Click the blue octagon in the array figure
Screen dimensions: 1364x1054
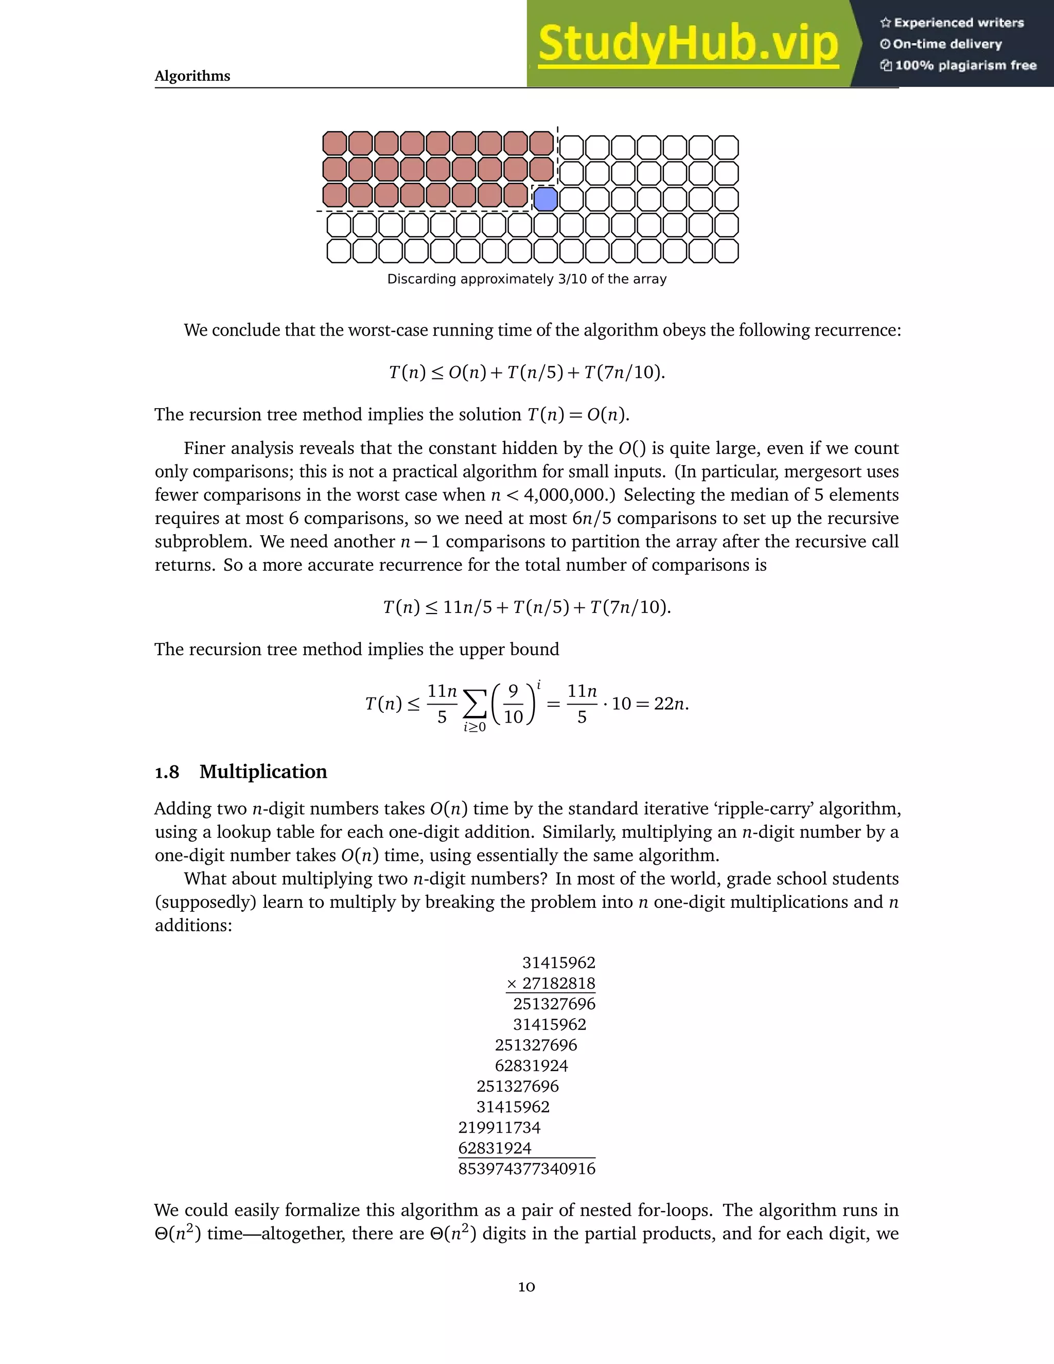(x=545, y=199)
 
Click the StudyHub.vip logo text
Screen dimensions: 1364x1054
(x=688, y=44)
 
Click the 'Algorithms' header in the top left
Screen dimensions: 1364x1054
(x=192, y=76)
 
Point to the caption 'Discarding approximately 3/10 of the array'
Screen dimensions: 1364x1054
(x=526, y=279)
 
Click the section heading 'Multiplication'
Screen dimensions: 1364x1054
(x=263, y=772)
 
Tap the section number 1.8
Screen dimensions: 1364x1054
(x=167, y=773)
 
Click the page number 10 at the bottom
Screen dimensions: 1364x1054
(x=526, y=1287)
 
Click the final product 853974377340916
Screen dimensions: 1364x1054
(x=526, y=1168)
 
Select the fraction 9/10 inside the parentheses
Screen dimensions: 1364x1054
(x=513, y=704)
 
